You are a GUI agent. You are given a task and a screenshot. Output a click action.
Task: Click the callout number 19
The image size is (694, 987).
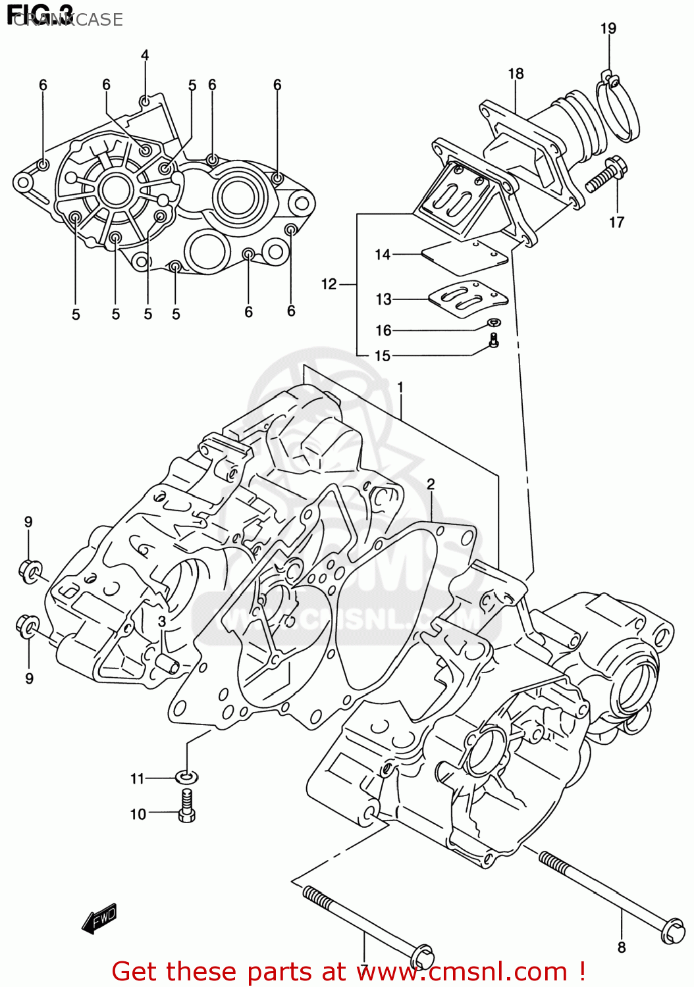point(608,28)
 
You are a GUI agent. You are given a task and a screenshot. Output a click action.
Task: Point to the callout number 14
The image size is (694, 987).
point(383,254)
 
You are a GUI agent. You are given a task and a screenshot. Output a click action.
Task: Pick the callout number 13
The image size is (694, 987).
point(383,299)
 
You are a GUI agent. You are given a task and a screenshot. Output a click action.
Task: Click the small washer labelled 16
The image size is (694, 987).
point(494,322)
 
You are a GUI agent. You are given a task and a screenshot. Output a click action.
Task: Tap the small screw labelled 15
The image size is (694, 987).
point(494,340)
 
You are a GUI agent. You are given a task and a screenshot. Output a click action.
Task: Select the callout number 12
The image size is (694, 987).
point(329,284)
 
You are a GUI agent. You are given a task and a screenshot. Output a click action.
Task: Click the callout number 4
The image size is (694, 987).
point(145,55)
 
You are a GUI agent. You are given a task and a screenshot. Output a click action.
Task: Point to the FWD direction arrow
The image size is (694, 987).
point(99,918)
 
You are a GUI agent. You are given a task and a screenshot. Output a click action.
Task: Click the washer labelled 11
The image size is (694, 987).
point(187,777)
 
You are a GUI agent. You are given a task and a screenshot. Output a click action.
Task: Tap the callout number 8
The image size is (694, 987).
point(621,948)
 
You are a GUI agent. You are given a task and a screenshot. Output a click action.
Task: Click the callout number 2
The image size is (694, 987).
point(431,484)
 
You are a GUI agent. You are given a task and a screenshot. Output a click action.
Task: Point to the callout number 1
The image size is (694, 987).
point(400,387)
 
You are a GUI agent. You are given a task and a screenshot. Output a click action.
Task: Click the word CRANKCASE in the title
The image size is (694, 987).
point(69,20)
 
